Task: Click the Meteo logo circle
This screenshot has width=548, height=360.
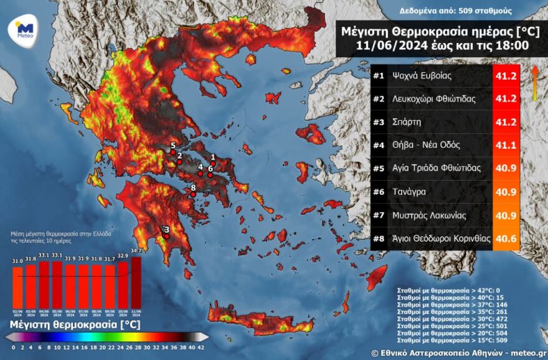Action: (x=24, y=31)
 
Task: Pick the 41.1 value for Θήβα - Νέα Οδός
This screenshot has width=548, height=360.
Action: (x=506, y=145)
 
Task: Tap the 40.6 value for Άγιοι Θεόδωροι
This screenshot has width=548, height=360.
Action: (x=506, y=238)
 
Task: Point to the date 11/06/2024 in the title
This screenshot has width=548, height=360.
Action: (x=388, y=45)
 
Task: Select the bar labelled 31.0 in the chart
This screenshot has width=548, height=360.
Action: (x=17, y=287)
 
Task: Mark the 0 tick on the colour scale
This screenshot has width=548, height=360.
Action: (x=13, y=348)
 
